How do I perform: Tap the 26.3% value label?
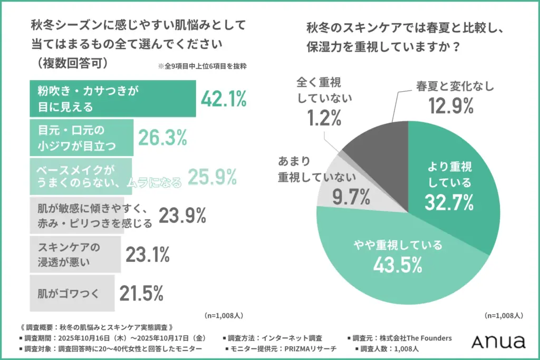(x=162, y=138)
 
